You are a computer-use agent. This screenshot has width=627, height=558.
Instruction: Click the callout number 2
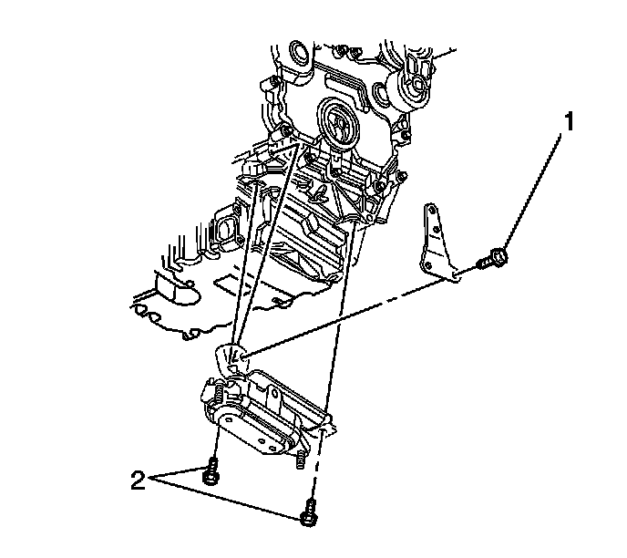[x=138, y=480]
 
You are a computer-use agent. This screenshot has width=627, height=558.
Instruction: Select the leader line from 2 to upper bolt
[x=178, y=476]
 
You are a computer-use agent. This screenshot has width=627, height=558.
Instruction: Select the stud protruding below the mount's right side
[x=299, y=462]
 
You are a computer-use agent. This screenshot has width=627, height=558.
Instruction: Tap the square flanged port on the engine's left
[x=224, y=227]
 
